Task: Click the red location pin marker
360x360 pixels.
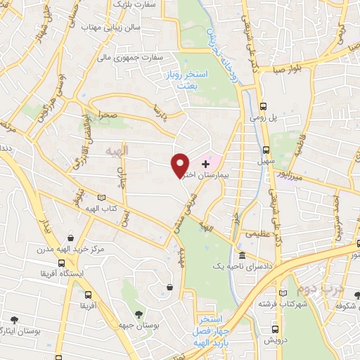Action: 180,165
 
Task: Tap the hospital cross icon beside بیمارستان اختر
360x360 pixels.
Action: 205,162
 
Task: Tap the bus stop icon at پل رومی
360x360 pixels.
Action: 263,107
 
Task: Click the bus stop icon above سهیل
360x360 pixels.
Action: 266,150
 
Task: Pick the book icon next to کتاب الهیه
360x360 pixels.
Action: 104,199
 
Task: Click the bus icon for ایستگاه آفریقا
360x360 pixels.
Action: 88,295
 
